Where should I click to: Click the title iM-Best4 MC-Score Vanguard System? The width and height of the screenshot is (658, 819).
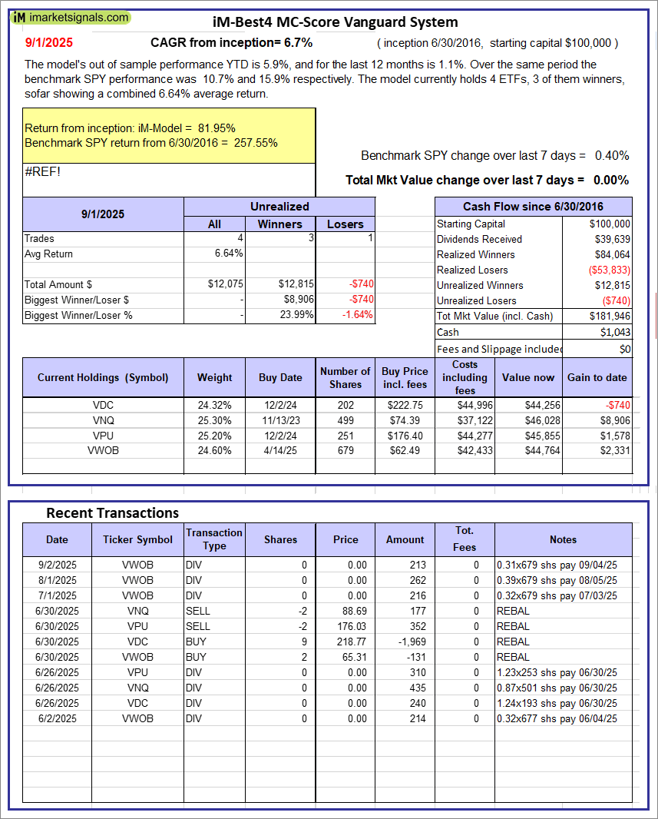pos(335,22)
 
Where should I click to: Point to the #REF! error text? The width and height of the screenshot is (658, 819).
pos(42,171)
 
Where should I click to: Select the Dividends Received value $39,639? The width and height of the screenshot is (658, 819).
pos(611,239)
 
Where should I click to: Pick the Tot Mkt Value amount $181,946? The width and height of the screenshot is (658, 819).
pos(610,316)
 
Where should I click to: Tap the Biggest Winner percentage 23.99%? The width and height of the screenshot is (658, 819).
pos(296,314)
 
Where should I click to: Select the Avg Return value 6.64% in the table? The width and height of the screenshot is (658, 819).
pos(229,254)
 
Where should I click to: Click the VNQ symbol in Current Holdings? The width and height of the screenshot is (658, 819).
pos(103,420)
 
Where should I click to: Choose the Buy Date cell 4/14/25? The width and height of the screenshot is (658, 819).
pos(280,451)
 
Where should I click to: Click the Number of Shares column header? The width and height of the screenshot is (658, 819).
pos(345,377)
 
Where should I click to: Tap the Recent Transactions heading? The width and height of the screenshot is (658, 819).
pos(112,512)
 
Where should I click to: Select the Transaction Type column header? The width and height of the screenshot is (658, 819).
pos(214,539)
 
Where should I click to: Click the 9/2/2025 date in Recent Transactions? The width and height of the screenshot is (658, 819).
pos(57,565)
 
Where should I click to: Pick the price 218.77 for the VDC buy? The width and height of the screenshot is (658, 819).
pos(346,642)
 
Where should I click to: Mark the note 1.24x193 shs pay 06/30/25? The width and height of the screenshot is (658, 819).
pos(557,703)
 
